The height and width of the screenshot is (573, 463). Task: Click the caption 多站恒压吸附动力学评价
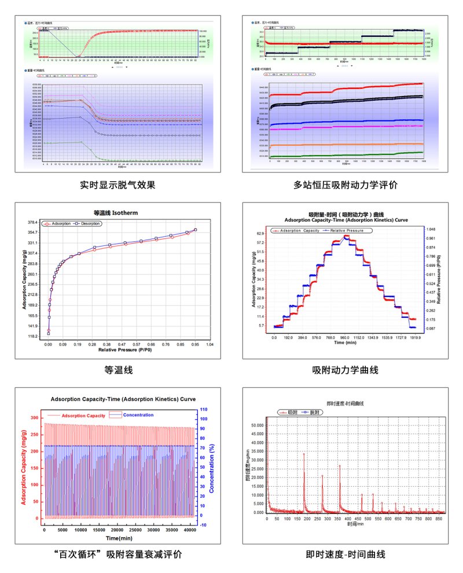point(346,186)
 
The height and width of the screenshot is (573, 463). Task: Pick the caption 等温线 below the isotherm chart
point(118,370)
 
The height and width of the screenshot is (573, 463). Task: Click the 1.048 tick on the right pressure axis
point(430,230)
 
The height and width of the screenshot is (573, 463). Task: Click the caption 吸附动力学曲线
point(345,370)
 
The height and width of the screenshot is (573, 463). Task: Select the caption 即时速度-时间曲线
point(346,554)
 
